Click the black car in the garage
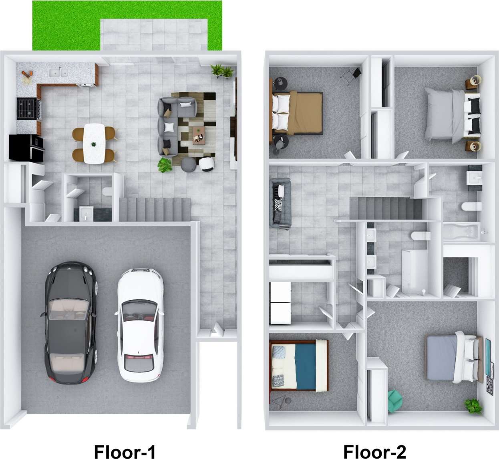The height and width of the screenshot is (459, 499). coord(71,323)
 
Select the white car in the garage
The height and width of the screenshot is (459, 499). coord(140,325)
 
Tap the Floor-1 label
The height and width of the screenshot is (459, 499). coord(124,451)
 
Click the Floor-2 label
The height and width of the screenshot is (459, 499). coord(375,451)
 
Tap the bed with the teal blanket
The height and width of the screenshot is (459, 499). coord(299,365)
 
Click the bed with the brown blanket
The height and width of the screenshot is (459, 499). coord(298,113)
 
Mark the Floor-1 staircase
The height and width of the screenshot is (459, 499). coord(155,208)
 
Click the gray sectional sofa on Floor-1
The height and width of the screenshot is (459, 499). coord(170,124)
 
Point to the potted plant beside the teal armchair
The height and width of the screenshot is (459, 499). coord(473,406)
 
